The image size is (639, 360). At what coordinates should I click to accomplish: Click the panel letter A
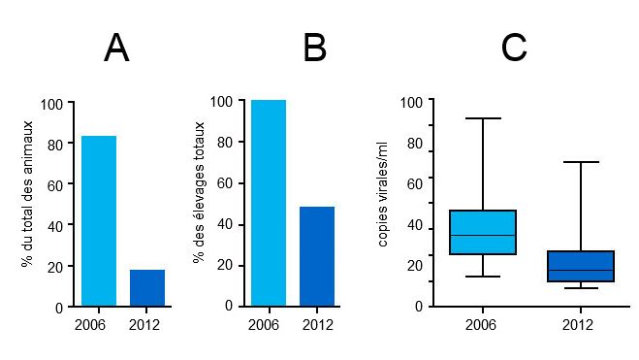(116, 49)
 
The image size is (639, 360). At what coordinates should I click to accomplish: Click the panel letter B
(314, 49)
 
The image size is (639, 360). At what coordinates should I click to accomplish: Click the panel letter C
(514, 49)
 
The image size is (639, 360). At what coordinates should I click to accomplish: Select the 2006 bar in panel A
(99, 220)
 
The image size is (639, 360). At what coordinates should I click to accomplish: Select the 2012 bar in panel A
(147, 287)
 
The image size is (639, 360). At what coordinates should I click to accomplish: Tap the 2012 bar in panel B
(317, 256)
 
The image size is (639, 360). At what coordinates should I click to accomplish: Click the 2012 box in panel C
(581, 266)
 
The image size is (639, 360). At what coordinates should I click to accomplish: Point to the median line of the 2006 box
(483, 235)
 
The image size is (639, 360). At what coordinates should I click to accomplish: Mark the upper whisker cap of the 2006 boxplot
(483, 118)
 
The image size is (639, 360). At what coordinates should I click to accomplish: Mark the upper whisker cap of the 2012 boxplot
(581, 162)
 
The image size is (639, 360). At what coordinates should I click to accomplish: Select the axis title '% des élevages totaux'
(199, 192)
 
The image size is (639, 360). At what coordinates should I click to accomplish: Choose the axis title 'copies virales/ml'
(384, 194)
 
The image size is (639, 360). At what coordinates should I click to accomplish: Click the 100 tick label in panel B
(222, 101)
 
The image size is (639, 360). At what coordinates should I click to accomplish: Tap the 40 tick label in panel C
(414, 226)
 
